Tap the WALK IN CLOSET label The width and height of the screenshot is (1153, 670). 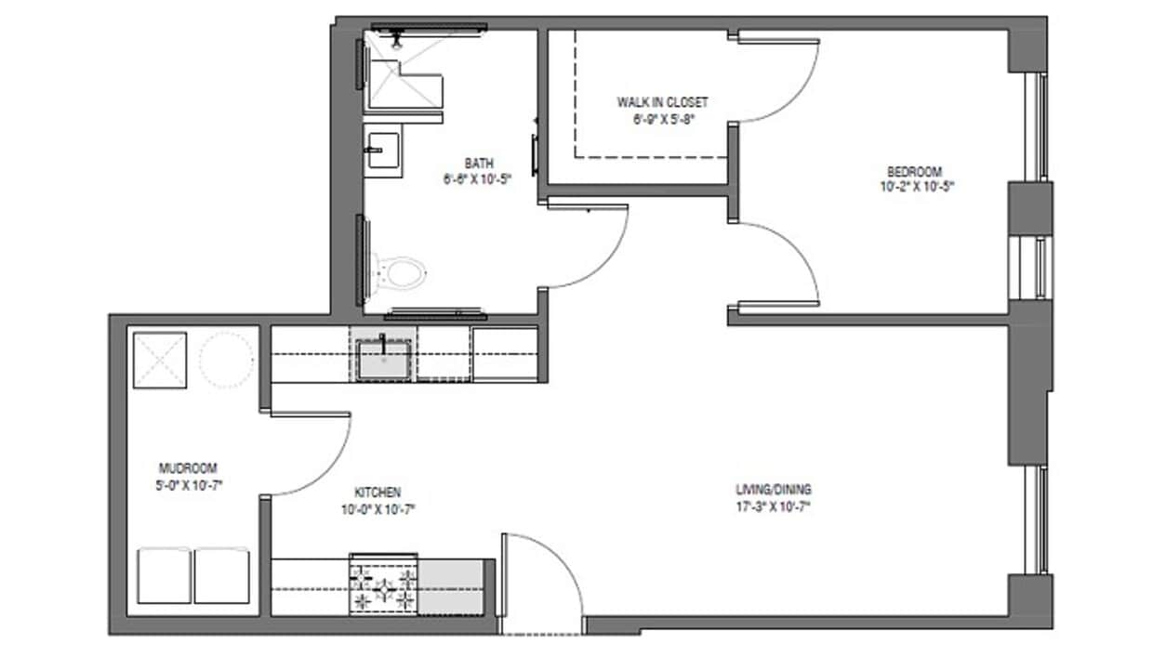click(662, 101)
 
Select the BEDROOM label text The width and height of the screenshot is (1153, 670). click(914, 172)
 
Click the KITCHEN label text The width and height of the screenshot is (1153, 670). click(377, 493)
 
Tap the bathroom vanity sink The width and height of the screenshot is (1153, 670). click(382, 151)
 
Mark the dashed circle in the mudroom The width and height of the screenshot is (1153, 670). click(227, 360)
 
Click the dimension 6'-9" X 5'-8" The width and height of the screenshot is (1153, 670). click(662, 118)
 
